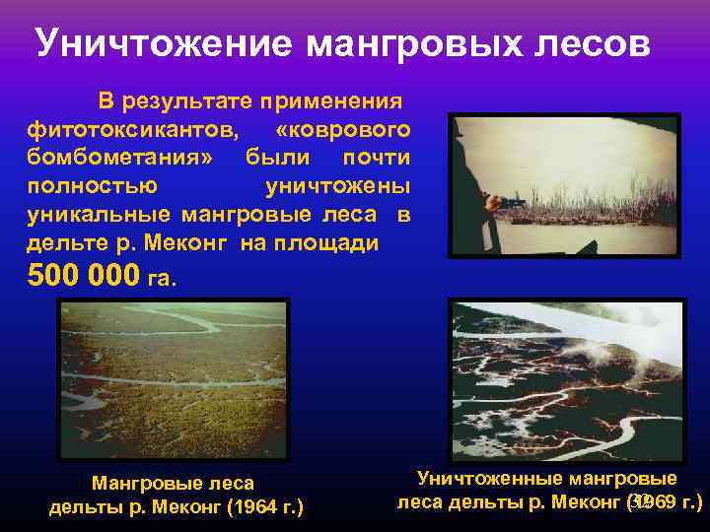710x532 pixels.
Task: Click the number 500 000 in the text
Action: pos(84,275)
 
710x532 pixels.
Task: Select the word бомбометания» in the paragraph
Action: pos(120,158)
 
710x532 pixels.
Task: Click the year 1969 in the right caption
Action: pos(656,502)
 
